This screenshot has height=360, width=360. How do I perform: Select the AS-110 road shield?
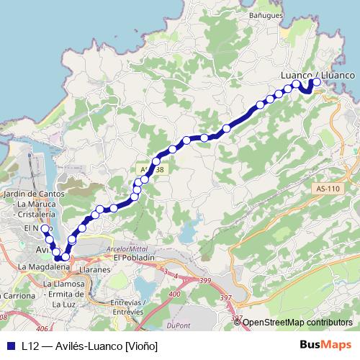[x=328, y=189]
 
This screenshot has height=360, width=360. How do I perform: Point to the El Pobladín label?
[x=135, y=257]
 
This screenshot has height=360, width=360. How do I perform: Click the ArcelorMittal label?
[x=126, y=248]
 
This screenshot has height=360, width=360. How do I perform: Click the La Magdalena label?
[x=43, y=266]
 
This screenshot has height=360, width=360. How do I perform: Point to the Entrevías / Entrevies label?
[x=130, y=307]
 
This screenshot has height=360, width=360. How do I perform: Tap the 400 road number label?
[x=173, y=294]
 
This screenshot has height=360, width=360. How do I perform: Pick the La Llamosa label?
[x=61, y=284]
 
